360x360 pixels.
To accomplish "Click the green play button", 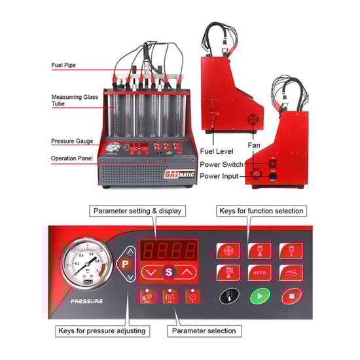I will (260, 295).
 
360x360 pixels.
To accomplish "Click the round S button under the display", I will (170, 271).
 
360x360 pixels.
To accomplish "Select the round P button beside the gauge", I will (125, 264).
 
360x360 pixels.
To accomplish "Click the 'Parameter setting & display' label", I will (137, 211).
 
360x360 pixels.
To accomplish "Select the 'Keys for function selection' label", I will (261, 211).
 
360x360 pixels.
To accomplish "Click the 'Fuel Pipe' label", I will (65, 65).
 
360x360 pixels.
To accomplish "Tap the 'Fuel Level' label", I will (217, 134).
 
